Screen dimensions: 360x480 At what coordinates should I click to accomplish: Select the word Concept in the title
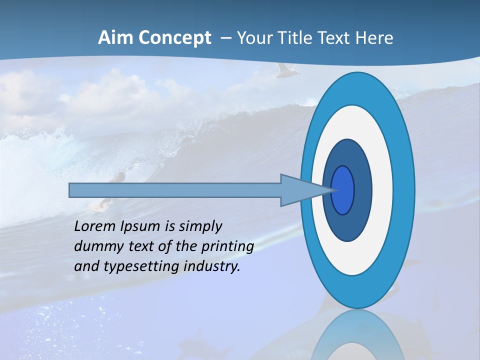pyautogui.click(x=174, y=38)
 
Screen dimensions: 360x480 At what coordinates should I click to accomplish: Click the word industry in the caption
pyautogui.click(x=211, y=266)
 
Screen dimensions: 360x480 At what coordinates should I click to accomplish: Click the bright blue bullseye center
pyautogui.click(x=343, y=190)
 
